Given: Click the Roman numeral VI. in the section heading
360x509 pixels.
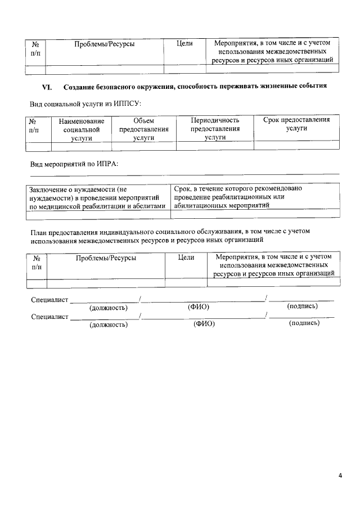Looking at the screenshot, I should pos(48,87).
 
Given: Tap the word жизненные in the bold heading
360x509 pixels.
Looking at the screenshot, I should pos(271,87).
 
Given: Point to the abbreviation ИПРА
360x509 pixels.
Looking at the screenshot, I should pos(107,164).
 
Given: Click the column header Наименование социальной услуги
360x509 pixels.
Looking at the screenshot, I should pos(82,129).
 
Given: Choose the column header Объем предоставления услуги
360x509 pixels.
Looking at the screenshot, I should pos(144,129).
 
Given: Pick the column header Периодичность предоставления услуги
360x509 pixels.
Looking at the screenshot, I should pos(215,129).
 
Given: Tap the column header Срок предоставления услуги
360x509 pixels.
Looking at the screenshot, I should pos(296,124).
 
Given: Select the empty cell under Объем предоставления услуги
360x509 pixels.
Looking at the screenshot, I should pos(144,146).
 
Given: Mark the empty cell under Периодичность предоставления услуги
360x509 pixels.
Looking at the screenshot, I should pos(215,146).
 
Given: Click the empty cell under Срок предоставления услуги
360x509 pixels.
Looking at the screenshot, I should pos(296,146).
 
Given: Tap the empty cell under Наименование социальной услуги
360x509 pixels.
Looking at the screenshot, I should pos(82,146).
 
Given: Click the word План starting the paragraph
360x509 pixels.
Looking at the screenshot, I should pos(39,231).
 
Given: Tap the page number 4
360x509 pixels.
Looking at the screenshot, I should pos(340,476).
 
